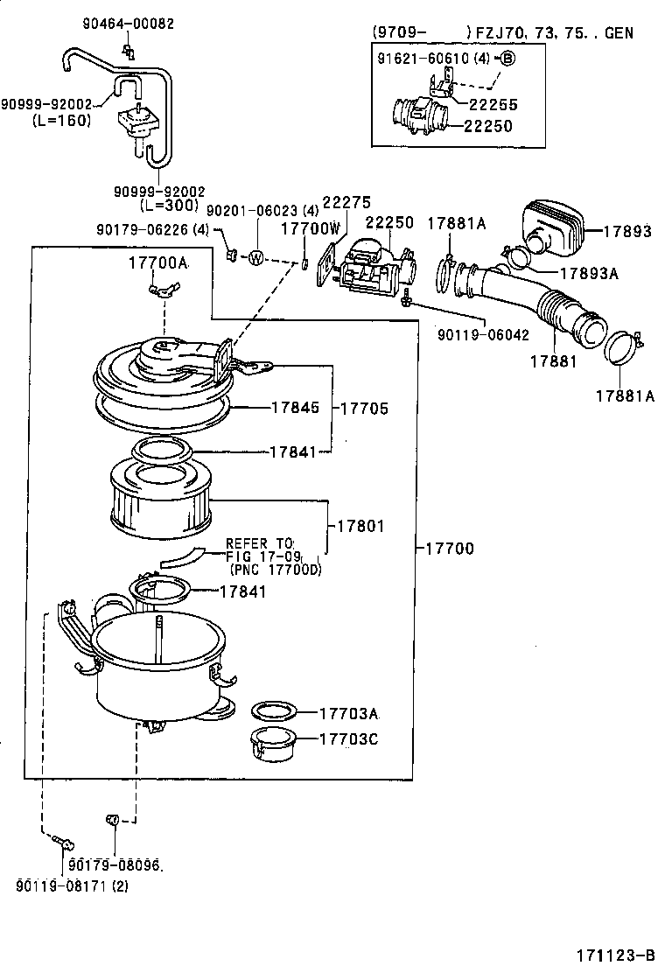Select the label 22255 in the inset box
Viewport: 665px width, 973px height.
[x=493, y=104]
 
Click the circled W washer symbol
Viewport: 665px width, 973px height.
[x=256, y=257]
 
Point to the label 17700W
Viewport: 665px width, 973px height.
[x=310, y=228]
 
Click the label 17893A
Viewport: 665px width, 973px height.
[x=589, y=273]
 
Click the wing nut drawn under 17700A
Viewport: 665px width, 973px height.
[x=164, y=288]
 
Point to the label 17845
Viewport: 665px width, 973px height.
[x=295, y=407]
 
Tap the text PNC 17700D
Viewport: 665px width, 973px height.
[x=275, y=570]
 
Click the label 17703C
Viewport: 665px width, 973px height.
[x=347, y=738]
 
